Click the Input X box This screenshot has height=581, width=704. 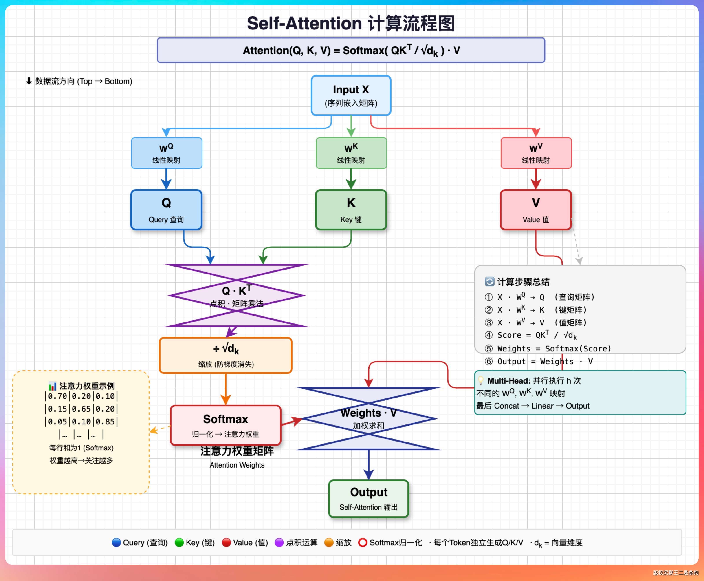[351, 95]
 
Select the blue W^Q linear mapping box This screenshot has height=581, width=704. [166, 153]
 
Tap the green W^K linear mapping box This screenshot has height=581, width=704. [351, 153]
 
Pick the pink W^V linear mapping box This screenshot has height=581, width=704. [536, 153]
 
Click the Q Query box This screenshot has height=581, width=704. [166, 210]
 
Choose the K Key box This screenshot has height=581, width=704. [351, 210]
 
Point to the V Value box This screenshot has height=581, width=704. [536, 210]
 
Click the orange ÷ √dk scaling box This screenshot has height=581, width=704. [226, 355]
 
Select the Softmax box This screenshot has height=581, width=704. [226, 425]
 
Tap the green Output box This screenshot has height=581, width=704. [368, 499]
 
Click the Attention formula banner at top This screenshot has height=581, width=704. [351, 50]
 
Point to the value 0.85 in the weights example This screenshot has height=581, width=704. [105, 422]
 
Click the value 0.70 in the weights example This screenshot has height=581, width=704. [58, 396]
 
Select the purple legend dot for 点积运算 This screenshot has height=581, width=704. [279, 543]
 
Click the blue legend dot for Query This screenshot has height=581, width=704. [116, 543]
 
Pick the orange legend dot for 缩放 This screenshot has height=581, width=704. [329, 543]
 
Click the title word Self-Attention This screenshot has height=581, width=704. [304, 24]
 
